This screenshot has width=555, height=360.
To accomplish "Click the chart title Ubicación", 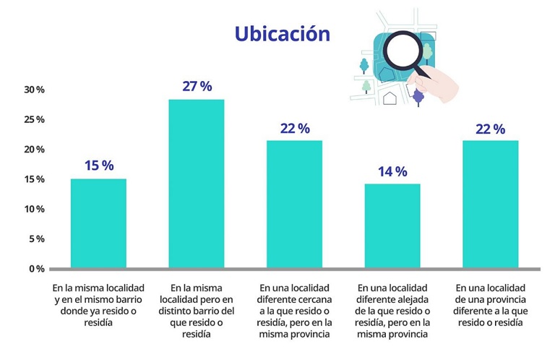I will click(x=282, y=34).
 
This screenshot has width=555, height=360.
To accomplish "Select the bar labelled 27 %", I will click(x=196, y=184).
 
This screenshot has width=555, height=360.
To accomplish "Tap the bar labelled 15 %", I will click(x=98, y=223).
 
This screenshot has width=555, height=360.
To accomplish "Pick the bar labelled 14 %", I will click(x=392, y=226).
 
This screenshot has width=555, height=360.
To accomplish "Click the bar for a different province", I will click(x=490, y=205).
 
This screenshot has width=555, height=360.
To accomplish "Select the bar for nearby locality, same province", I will click(x=294, y=205).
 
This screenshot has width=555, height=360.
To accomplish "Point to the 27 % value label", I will click(x=197, y=87).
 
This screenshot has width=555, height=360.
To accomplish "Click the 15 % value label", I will click(x=99, y=166).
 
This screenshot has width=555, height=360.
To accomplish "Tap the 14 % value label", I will click(x=392, y=171).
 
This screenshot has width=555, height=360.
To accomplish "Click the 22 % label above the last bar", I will click(x=490, y=129).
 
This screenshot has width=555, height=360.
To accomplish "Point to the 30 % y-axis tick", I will click(x=34, y=90).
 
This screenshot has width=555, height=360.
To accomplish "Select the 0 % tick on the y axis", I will click(x=37, y=269).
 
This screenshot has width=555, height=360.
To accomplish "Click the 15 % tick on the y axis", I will click(x=34, y=179).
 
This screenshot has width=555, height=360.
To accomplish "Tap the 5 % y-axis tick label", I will click(x=37, y=239).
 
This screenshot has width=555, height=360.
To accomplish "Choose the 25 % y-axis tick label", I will click(x=34, y=119).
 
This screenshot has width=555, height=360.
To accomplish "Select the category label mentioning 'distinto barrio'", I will click(x=196, y=310).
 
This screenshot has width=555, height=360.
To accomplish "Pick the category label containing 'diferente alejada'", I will click(x=392, y=310).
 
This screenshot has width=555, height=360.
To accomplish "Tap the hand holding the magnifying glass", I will click(x=442, y=85).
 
